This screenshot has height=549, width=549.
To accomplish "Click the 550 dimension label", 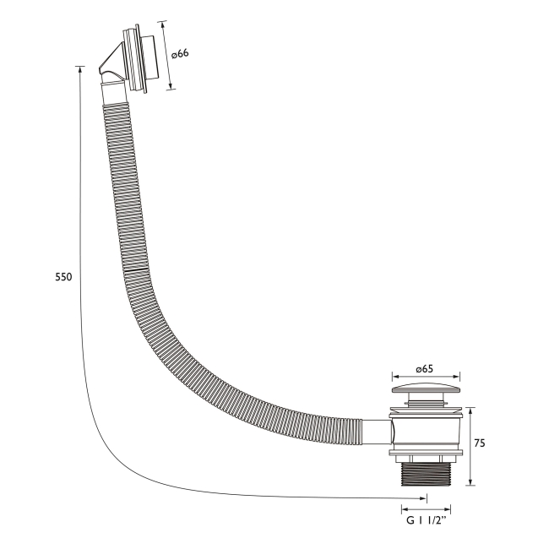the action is pos(63,277).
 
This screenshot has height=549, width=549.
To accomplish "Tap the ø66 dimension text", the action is pos(180,53).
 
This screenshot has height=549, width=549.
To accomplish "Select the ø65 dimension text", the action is pos(424,369).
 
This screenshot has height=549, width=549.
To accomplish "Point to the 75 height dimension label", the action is pos(480,443).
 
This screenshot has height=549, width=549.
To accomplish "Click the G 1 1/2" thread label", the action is pos(427,520).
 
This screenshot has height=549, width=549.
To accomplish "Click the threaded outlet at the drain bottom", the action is pos(426,475).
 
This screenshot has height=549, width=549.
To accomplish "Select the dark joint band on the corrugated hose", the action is pos(136,269).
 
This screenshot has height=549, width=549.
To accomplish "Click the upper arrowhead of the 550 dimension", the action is pos(80,70).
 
